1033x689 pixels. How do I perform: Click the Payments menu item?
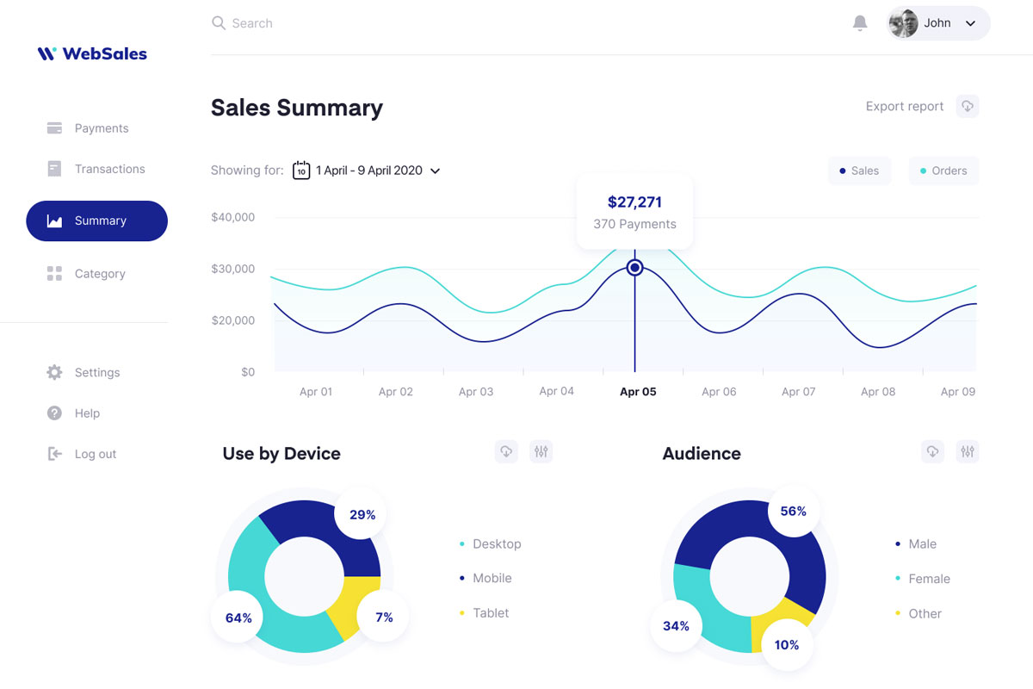pos(101,128)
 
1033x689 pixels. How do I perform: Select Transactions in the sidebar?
pos(109,169)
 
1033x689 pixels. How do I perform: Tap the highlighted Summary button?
pos(97,220)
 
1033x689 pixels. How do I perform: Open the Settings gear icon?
pos(54,372)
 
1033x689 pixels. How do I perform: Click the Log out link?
pos(95,454)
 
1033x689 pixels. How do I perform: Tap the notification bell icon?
pos(859,23)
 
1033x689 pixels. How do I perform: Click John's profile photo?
pos(903,23)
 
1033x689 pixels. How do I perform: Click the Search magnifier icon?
pos(219,23)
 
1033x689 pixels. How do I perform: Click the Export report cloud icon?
pos(968,106)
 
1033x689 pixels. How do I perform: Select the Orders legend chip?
pos(943,171)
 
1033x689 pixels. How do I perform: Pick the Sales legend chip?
pos(859,171)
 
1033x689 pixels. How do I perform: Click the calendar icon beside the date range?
pos(301,171)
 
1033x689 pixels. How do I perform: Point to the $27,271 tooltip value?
pos(634,202)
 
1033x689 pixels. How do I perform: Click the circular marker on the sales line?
pos(634,268)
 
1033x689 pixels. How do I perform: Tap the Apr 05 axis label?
pos(638,392)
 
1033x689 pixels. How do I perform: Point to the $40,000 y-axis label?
pos(232,217)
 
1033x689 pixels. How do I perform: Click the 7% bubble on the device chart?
pos(383,618)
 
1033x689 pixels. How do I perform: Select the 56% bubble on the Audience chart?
pos(793,512)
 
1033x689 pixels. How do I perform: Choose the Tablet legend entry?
pos(491,613)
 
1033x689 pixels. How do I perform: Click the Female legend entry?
pos(929,579)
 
